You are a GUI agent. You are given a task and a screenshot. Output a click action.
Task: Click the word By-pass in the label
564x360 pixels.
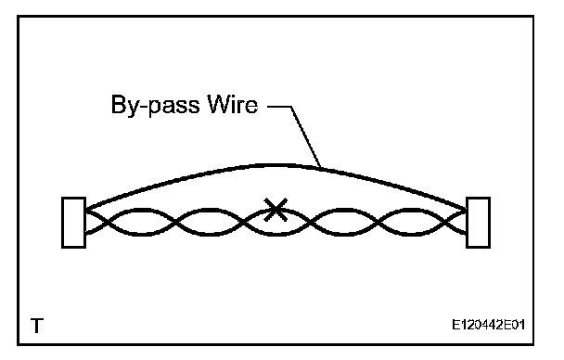coord(156,106)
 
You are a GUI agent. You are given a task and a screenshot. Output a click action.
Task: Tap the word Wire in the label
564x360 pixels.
coord(233,104)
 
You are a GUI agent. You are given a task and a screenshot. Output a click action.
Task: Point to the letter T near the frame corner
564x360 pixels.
coord(37,326)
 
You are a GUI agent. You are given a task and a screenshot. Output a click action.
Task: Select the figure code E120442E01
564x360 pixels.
coord(489,325)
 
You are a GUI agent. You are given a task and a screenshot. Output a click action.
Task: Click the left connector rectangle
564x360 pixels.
coord(73,223)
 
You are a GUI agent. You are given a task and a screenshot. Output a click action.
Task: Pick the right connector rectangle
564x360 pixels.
coord(479,223)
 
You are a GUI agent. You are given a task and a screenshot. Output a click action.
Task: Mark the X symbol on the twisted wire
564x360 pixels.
coord(276,210)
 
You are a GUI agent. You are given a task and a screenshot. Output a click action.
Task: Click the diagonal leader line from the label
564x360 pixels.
coord(306,136)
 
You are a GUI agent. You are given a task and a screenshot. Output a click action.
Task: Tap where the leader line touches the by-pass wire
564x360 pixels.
coord(320,168)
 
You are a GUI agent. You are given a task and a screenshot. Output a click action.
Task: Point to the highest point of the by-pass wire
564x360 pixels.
coord(274,165)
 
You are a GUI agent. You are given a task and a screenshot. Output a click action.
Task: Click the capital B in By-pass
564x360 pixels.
coord(119,104)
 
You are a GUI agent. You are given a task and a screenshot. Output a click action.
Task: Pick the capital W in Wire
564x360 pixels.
coord(220,104)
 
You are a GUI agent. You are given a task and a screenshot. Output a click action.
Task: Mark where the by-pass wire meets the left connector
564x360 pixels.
coord(86,209)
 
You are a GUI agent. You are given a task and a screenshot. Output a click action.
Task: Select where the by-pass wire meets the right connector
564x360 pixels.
coord(467,210)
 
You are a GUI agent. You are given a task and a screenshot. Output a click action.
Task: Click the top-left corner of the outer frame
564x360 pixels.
coord(18,16)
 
